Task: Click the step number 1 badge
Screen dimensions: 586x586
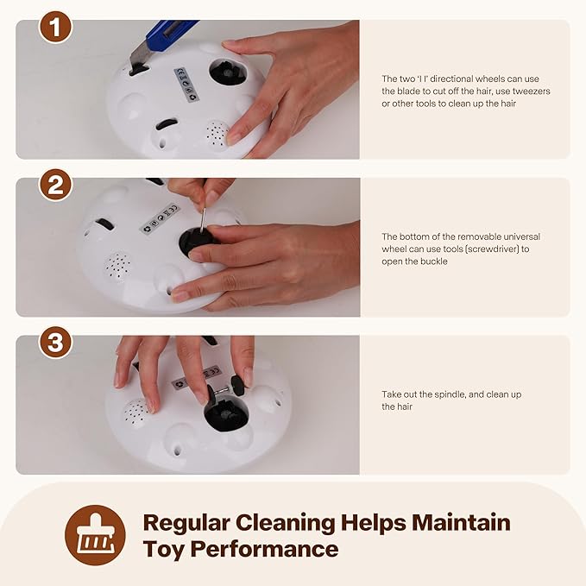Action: tap(55, 28)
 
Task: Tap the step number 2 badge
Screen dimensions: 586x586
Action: tap(55, 185)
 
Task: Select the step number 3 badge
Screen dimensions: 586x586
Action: tap(55, 343)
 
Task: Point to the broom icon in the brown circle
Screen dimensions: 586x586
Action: tap(95, 535)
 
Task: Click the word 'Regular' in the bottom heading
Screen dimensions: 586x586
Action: tap(186, 523)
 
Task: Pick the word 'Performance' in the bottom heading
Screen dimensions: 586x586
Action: tap(264, 549)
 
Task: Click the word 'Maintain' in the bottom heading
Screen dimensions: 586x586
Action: tap(461, 522)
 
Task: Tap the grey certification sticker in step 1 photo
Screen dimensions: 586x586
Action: tap(186, 84)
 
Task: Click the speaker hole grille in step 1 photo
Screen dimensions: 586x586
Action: tap(217, 135)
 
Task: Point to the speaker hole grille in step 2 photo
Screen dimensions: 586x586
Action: tap(117, 266)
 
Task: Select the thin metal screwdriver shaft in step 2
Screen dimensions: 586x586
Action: tap(203, 220)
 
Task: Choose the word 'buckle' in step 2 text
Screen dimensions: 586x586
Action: tap(434, 261)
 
